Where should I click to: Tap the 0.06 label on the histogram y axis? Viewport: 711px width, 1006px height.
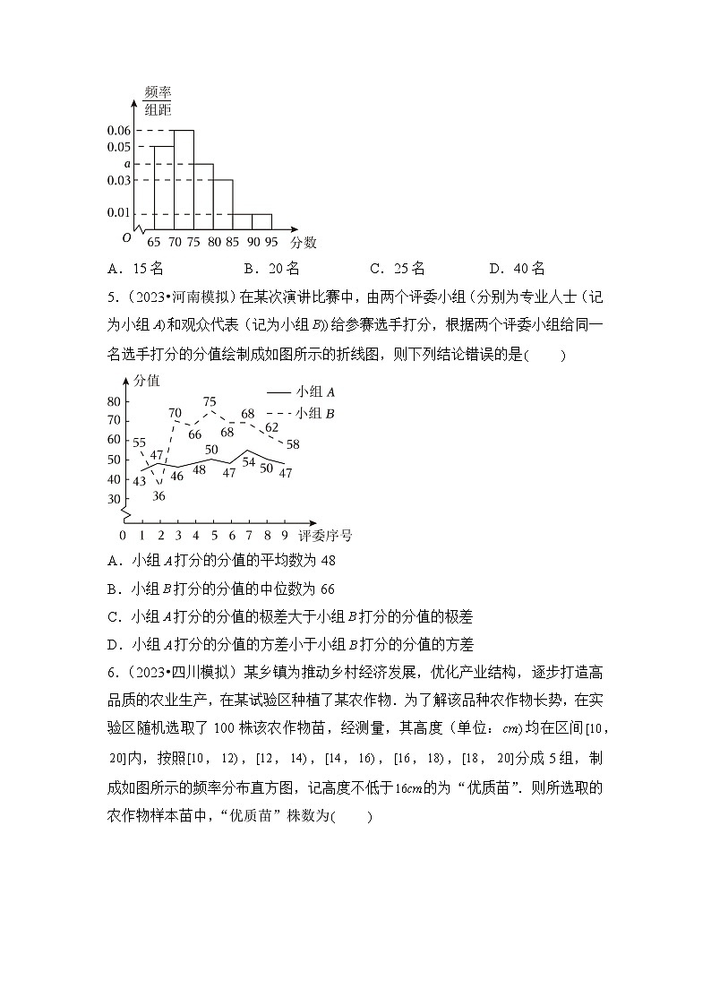point(118,131)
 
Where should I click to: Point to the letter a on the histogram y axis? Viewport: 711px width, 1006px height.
point(127,164)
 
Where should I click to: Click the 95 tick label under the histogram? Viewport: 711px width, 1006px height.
point(270,242)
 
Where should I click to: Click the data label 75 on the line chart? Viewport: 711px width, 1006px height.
point(210,402)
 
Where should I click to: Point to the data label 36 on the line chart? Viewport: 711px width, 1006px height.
point(158,495)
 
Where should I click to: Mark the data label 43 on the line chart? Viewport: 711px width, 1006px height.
point(139,481)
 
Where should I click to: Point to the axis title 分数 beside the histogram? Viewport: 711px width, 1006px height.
point(304,242)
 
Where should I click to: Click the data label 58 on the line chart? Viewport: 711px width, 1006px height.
point(293,444)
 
